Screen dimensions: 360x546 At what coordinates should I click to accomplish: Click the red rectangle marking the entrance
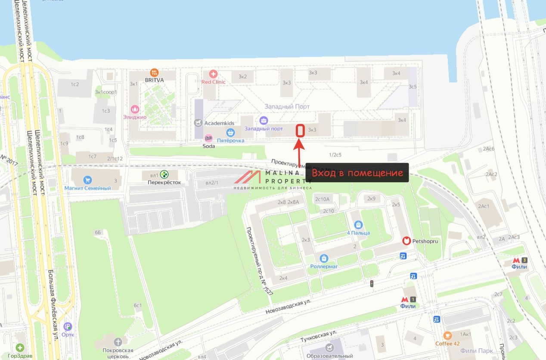click(301, 131)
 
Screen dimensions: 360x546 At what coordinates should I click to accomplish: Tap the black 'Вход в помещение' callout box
click(357, 173)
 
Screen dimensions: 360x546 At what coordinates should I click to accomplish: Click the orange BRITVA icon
click(154, 73)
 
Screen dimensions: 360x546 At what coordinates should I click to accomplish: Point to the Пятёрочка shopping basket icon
click(230, 132)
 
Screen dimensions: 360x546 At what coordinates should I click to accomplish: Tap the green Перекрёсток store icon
click(164, 174)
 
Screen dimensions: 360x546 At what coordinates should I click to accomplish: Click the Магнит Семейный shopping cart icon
click(88, 180)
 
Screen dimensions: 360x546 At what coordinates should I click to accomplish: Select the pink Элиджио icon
click(135, 109)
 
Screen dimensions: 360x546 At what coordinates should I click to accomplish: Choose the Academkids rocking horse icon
click(198, 123)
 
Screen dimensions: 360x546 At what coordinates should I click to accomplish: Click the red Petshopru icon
click(406, 241)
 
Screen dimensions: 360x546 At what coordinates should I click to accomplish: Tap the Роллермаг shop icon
click(324, 258)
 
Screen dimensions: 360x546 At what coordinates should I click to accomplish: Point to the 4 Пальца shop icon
click(358, 225)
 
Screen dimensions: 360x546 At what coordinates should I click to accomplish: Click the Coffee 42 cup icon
click(447, 335)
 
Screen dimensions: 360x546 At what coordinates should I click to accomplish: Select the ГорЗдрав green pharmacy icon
click(20, 348)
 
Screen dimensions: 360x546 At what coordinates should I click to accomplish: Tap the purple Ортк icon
click(68, 327)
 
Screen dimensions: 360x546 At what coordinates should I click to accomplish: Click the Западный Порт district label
click(287, 106)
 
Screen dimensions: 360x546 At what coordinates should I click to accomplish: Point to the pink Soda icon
click(208, 138)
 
